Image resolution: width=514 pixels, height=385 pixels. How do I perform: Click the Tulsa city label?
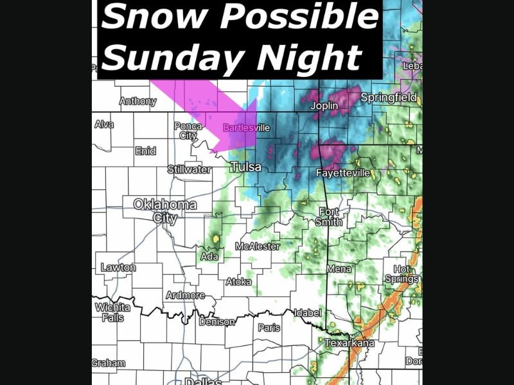coord(246,167)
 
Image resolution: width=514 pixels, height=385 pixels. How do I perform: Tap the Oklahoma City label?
coord(164,211)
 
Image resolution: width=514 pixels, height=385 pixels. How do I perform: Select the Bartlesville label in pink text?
coord(246,128)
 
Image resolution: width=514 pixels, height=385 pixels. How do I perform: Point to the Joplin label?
coord(324,105)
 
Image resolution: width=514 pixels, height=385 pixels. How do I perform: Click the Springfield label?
coord(389,98)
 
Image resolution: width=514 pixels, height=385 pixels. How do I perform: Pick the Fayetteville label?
coord(343,173)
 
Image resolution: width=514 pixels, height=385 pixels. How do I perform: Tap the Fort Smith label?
coord(330,216)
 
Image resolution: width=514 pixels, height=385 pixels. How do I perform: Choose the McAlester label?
coord(258,246)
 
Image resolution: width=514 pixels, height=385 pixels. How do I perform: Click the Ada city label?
coord(209,257)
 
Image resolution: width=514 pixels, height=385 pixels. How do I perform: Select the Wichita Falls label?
coord(112,312)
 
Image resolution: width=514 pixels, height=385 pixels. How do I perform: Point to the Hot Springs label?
coord(402,274)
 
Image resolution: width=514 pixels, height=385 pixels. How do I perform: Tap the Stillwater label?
coord(189,169)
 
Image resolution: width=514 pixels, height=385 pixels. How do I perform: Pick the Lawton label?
coord(118,268)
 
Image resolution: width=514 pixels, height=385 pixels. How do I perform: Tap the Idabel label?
coord(307,313)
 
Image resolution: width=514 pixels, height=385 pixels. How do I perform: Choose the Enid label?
coord(145,151)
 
